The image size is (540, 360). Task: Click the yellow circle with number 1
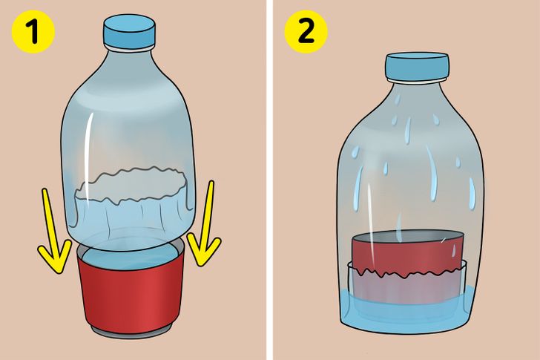pos(33,31)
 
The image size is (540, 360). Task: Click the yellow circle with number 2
pos(306,31)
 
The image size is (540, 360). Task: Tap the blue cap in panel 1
pos(130,31)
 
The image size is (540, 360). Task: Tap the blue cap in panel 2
pos(417,67)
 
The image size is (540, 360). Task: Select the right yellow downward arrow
pos(204,224)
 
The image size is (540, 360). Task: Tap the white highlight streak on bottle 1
pos(88,158)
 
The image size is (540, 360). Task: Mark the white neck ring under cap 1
pos(130,49)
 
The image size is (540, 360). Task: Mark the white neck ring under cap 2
pos(417,81)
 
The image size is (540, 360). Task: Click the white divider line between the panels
pos(270,180)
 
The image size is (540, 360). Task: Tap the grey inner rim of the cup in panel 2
pos(407,237)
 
